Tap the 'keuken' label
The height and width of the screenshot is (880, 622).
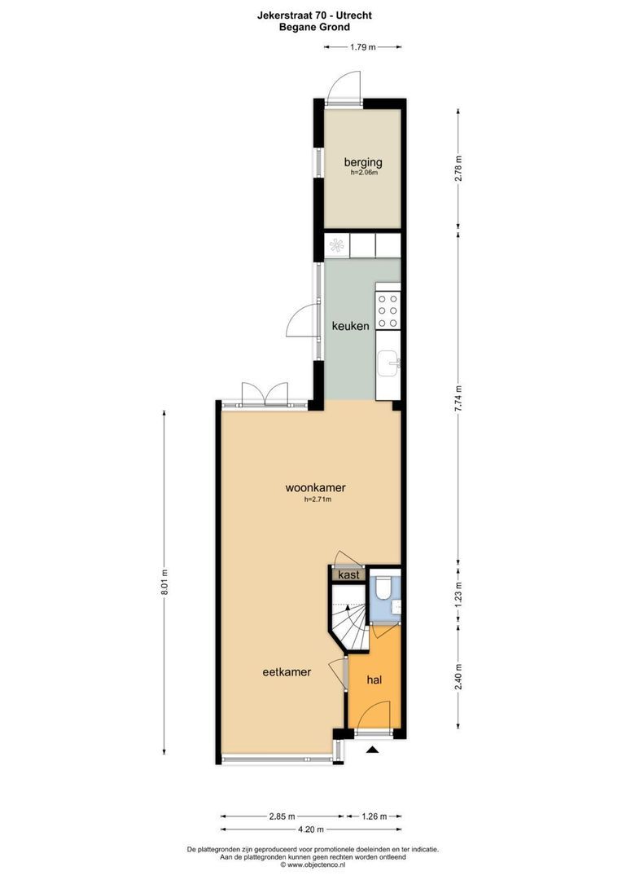[x=350, y=326]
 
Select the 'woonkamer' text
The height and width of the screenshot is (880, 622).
[x=315, y=488]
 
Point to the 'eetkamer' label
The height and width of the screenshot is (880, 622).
[x=287, y=672]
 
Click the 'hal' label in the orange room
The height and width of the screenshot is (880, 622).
[x=375, y=680]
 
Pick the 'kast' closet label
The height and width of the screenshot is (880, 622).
[x=348, y=574]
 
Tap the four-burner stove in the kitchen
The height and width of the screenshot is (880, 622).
[x=388, y=310]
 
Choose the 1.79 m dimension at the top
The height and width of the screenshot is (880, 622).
[x=362, y=47]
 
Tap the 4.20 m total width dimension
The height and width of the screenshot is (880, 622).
[x=309, y=829]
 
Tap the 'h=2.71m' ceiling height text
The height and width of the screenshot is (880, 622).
[x=318, y=500]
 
